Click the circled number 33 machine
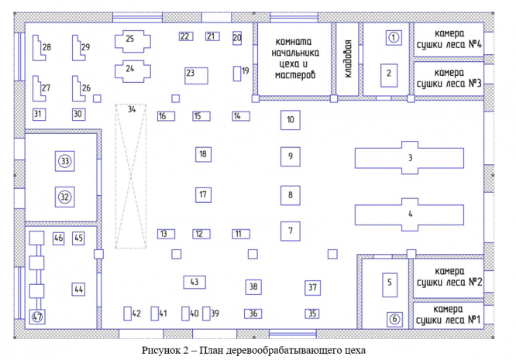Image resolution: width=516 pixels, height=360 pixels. point(65,161)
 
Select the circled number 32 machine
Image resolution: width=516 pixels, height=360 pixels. point(65,197)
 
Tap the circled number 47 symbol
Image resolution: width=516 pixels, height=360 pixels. point(36,317)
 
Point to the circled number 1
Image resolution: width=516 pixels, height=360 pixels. point(393,37)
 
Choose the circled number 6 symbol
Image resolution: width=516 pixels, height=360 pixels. point(393,317)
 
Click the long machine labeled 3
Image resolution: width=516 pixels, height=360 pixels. point(410,158)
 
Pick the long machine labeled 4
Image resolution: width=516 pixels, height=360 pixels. point(410,213)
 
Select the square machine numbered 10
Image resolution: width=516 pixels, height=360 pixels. point(290,120)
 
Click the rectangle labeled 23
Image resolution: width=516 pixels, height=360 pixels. point(196,74)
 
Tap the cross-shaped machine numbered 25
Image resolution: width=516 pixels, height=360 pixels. point(130,39)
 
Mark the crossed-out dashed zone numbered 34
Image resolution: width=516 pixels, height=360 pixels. point(131,177)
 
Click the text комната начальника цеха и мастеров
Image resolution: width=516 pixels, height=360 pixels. point(294,58)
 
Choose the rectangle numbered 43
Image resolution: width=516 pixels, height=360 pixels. point(194,282)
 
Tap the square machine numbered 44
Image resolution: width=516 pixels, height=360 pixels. point(78,289)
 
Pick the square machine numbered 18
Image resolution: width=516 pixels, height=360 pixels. point(202,155)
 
